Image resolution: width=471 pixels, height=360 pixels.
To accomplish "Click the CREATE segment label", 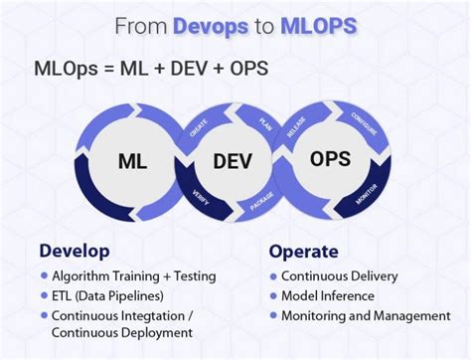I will click(x=197, y=130).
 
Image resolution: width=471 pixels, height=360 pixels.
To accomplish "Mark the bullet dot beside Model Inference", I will click(x=272, y=295).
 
